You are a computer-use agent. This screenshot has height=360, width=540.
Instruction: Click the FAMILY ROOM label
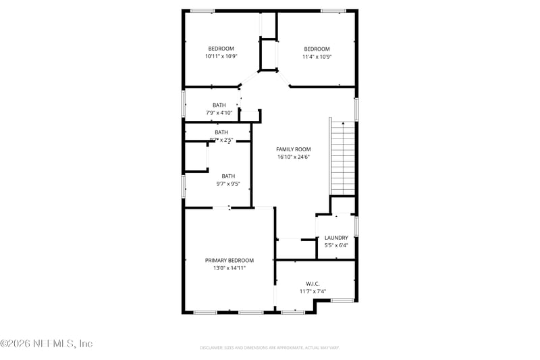point(292,149)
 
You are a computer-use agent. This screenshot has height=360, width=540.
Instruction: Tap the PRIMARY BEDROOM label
point(230,260)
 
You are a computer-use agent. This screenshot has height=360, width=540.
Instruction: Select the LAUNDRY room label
point(336,238)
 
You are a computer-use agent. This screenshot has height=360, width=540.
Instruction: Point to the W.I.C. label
point(313,284)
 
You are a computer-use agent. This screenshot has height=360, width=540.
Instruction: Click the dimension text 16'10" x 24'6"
point(292,157)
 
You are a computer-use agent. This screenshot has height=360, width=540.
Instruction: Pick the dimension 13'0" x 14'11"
point(230,268)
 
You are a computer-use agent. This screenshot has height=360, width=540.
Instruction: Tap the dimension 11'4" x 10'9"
point(317,57)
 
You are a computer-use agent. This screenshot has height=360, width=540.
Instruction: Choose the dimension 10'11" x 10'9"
point(221,57)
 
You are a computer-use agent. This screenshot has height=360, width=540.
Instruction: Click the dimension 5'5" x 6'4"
point(336,246)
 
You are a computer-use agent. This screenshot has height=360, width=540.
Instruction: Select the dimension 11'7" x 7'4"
point(313,292)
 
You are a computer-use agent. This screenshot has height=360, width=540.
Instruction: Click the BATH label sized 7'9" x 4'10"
point(219,105)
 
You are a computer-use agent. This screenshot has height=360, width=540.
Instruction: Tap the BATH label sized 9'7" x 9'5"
point(228,176)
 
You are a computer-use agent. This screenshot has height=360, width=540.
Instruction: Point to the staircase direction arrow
point(343,124)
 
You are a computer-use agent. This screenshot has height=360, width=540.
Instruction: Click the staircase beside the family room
point(343,159)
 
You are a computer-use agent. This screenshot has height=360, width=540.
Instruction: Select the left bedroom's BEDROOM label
point(221,49)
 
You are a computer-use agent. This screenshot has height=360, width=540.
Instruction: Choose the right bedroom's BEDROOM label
point(317,49)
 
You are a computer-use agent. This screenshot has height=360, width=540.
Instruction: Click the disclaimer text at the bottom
point(269,348)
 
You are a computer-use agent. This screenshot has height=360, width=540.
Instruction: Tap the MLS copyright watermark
point(46,343)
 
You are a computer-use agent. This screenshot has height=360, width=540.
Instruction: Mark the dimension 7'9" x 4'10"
point(219,113)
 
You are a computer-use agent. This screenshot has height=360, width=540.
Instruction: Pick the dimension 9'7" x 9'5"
point(228,184)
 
